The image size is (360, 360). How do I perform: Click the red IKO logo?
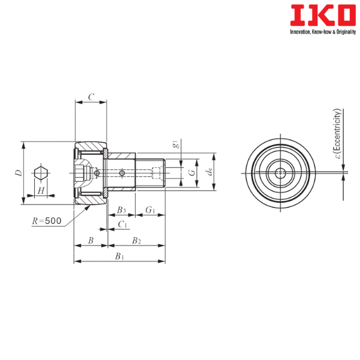[323, 15]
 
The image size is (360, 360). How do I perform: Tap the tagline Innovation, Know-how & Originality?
[323, 32]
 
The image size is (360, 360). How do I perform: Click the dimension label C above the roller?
[91, 97]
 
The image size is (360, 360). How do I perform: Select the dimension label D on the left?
[19, 173]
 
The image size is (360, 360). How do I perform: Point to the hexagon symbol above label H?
[41, 173]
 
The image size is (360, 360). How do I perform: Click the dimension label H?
[41, 191]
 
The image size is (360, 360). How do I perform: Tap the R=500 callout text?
[47, 221]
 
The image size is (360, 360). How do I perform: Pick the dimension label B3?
[121, 210]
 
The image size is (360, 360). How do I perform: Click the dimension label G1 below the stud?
[151, 210]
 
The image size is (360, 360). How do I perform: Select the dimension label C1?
[122, 224]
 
